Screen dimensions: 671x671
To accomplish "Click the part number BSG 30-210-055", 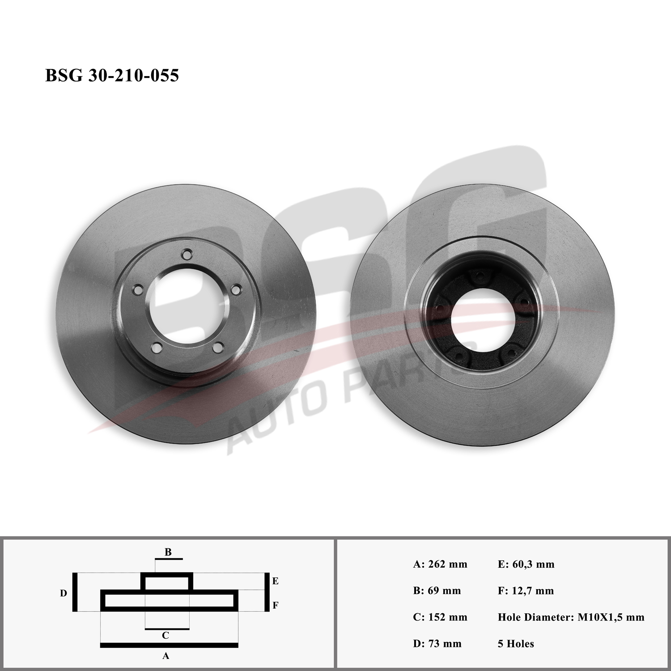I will tap(112, 75).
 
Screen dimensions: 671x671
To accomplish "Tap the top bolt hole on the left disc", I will tap(187, 254).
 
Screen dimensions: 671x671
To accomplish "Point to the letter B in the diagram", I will tap(168, 552).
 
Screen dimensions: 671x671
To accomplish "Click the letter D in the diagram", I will tap(64, 593).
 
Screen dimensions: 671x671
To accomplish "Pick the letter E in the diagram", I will tap(275, 581).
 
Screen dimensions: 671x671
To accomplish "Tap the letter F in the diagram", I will tap(275, 606).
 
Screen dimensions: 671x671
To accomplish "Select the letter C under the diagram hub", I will tap(165, 635).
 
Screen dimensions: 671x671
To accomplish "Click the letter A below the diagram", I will tap(166, 656).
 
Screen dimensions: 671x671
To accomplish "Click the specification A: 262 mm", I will tap(440, 564).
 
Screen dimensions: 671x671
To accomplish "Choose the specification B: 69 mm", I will tap(437, 590).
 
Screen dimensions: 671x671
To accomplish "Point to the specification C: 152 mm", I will tap(440, 617).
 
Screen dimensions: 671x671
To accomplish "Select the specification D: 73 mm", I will tap(437, 644).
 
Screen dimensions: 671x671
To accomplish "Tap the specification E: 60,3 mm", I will tap(526, 564).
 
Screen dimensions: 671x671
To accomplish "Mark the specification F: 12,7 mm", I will tap(526, 590).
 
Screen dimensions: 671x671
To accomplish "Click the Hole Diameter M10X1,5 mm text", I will tap(571, 617).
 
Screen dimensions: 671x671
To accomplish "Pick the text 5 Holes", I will tap(516, 644).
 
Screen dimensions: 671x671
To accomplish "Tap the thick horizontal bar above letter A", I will tap(169, 645).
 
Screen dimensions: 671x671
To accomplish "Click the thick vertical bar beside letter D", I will tap(75, 592).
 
